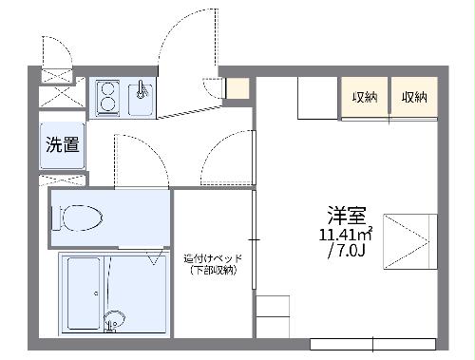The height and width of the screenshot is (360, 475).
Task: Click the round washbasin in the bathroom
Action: pos(114,318)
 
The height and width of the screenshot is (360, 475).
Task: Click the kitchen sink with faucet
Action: pos(141,98)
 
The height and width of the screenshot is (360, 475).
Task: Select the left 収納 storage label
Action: pos(364,98)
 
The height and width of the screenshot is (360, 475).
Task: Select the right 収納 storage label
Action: pos(413,98)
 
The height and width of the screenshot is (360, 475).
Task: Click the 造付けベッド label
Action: pos(211,258)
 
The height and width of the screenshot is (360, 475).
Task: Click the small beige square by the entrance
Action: pos(237,89)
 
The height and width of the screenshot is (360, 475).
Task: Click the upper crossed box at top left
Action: pos(55,75)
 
